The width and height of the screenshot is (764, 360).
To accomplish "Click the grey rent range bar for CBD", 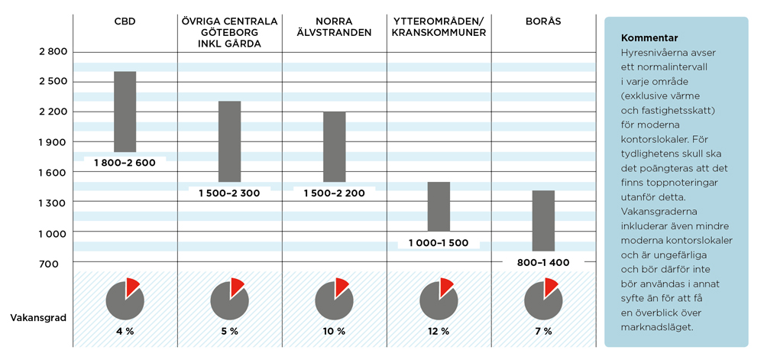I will (x=125, y=112).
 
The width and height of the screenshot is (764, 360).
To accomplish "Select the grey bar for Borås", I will (x=543, y=220).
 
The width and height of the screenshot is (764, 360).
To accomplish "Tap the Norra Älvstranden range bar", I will (x=334, y=146).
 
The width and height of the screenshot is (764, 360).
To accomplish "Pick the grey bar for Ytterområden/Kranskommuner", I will (x=439, y=206).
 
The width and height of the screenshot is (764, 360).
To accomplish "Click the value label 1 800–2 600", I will (x=125, y=162).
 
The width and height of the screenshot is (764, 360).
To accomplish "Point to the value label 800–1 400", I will (x=543, y=262).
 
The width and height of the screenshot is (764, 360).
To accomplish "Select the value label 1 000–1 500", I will (x=439, y=242).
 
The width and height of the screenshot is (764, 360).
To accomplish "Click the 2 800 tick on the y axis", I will (x=53, y=52).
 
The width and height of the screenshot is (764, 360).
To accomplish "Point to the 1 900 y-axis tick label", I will (x=53, y=142).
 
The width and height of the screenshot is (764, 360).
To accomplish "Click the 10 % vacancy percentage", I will (x=334, y=331).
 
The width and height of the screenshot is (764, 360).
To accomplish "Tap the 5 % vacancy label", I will (x=229, y=331).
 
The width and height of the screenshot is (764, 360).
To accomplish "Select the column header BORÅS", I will (x=543, y=21).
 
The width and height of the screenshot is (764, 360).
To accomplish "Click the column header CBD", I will (x=125, y=21).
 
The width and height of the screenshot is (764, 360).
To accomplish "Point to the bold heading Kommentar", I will (x=649, y=37).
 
